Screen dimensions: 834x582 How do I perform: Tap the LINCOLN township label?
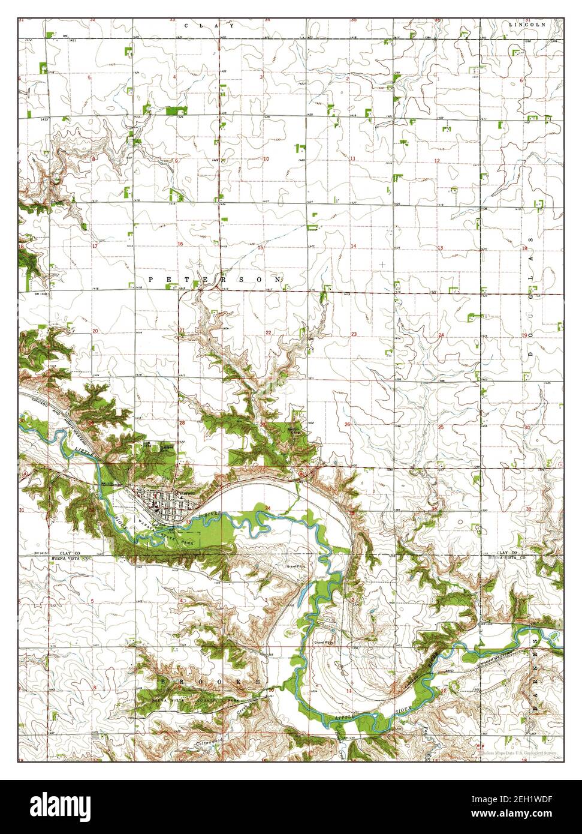pos(527,25)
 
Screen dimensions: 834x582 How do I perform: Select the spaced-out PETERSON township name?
pos(214,280)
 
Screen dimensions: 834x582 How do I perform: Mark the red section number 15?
pos(260,247)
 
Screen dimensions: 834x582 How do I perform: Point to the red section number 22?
pos(268,332)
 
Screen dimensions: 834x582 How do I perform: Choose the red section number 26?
pos(347,425)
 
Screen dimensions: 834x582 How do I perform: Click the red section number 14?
pos(354,247)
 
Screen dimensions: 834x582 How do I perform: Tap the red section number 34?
pos(268,509)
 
